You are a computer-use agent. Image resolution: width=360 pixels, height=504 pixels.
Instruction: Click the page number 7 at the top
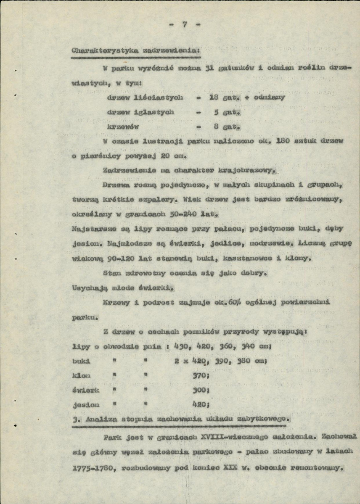coord(184,24)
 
